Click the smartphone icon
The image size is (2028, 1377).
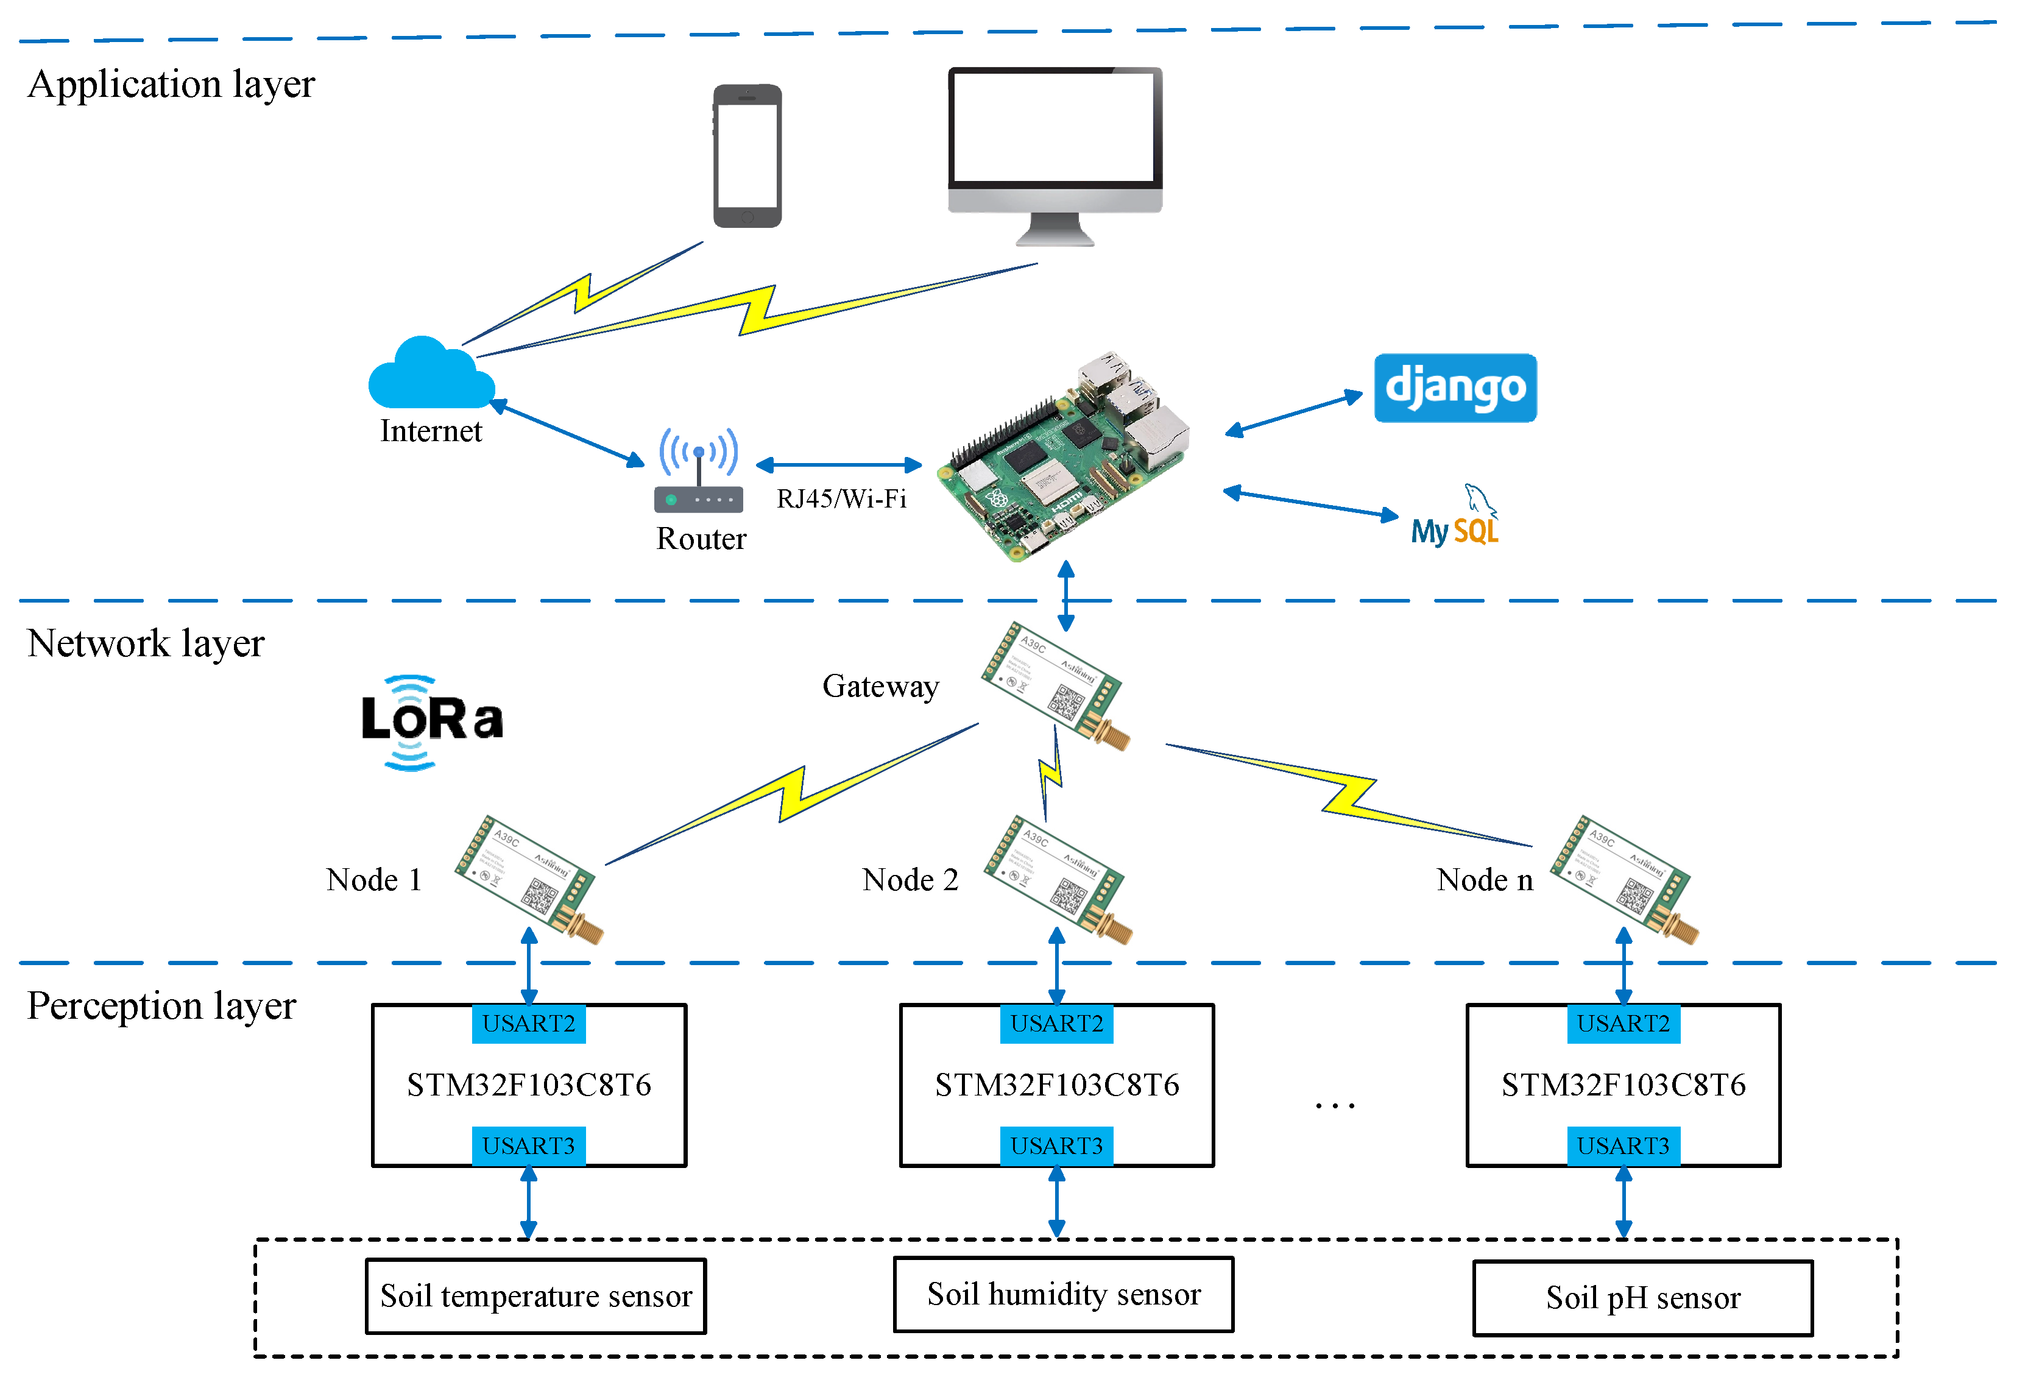[x=747, y=156]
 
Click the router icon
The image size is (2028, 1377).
[x=698, y=471]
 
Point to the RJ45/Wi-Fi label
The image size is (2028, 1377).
[x=841, y=499]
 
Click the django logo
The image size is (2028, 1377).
[x=1455, y=388]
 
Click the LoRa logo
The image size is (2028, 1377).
[x=431, y=721]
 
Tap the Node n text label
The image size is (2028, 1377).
[x=1485, y=880]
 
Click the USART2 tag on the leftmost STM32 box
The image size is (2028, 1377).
[x=529, y=1024]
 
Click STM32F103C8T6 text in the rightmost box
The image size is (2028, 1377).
[x=1623, y=1085]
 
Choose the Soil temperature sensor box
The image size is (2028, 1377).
[x=536, y=1296]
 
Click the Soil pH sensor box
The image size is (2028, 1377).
[x=1642, y=1298]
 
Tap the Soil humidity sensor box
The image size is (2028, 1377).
[x=1063, y=1294]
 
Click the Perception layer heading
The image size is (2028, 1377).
[x=161, y=1006]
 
